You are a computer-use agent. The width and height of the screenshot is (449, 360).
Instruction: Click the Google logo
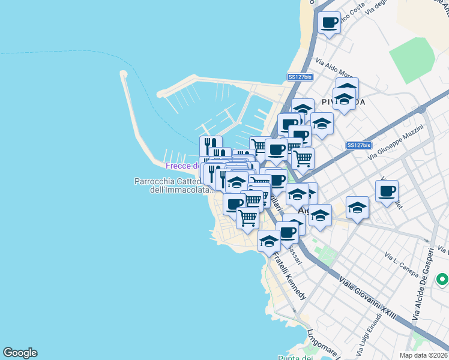pyautogui.click(x=20, y=353)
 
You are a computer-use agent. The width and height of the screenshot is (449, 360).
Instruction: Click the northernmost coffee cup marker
pyautogui.click(x=329, y=23)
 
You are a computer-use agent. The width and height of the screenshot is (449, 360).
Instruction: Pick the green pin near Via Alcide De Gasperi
pyautogui.click(x=442, y=280)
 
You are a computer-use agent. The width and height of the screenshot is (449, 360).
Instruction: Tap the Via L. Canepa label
pyautogui.click(x=402, y=265)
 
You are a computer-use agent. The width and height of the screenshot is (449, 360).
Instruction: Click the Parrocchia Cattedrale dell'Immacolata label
pyautogui.click(x=173, y=185)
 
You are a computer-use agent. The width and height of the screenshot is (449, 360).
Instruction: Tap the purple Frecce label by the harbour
pyautogui.click(x=182, y=166)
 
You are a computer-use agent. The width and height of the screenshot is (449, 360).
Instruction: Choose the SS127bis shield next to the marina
pyautogui.click(x=300, y=77)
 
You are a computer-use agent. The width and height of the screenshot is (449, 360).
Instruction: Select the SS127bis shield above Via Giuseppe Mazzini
pyautogui.click(x=359, y=145)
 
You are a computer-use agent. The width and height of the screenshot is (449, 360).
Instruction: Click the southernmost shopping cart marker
pyautogui.click(x=247, y=218)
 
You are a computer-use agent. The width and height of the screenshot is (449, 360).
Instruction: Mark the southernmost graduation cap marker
pyautogui.click(x=269, y=241)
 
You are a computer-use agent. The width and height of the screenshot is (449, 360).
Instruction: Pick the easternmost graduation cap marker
pyautogui.click(x=358, y=207)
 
